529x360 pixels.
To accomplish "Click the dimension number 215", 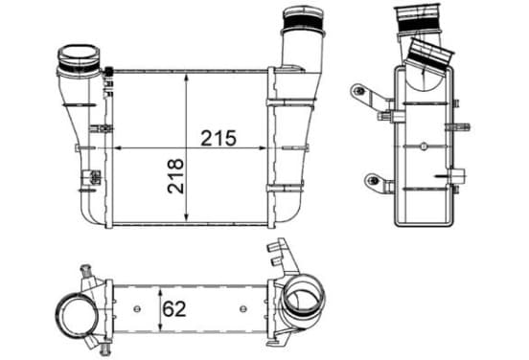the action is [218, 138].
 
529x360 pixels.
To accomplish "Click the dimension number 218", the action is [175, 176].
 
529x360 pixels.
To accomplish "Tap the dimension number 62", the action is [174, 308].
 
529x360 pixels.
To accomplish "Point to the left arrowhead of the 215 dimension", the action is [118, 147].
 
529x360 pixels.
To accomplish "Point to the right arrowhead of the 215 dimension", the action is [263, 147].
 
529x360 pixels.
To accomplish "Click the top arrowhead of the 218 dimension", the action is [186, 79].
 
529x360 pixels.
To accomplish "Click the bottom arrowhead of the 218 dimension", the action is [186, 217].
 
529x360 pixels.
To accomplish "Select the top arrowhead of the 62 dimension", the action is [161, 292].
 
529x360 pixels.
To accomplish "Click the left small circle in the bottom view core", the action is [137, 308].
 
